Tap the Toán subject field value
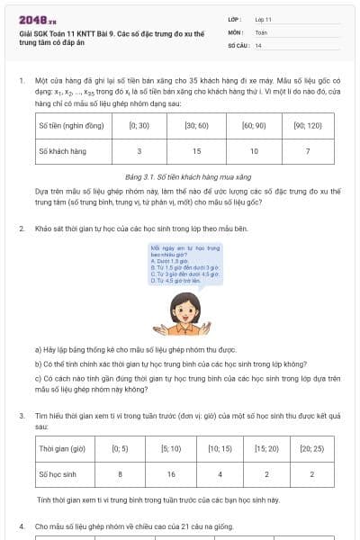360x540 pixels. (261, 31)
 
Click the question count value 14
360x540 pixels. (258, 44)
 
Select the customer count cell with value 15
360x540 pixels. (197, 151)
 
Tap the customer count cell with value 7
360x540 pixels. (308, 151)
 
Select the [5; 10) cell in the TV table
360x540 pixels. (170, 447)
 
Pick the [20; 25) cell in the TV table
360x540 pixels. (311, 447)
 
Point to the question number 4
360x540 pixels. (22, 525)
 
